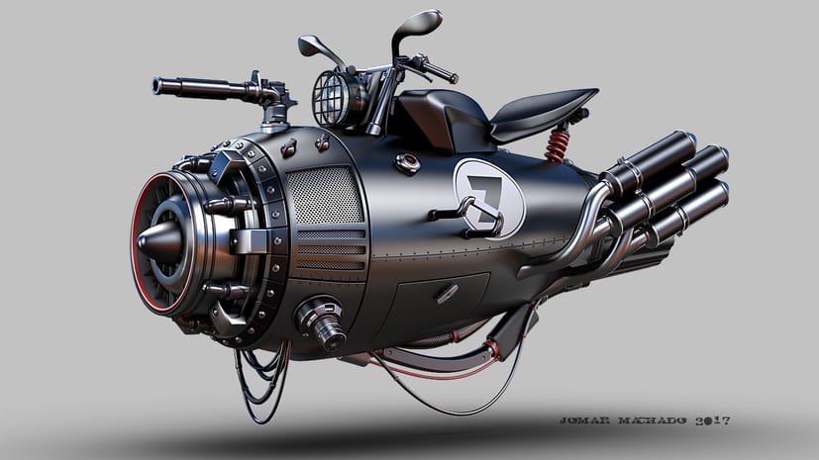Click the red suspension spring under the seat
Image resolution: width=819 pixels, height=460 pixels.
[x=558, y=146]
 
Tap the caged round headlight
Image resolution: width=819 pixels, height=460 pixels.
[x=335, y=99]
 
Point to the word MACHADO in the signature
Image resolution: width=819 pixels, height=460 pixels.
[x=653, y=420]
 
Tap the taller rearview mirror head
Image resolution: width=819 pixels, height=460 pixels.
[x=418, y=25]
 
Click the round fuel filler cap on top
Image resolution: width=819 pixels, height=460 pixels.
[x=408, y=163]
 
